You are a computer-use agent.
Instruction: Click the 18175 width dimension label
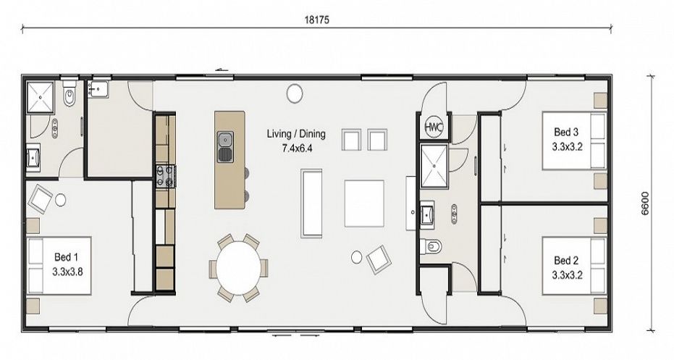click(x=317, y=20)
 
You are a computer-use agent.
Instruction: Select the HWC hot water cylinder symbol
click(x=433, y=127)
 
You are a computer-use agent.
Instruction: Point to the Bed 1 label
click(x=66, y=257)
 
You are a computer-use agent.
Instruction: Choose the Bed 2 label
click(x=566, y=260)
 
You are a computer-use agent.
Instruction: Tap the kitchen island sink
click(x=225, y=146)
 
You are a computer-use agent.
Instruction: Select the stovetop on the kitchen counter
click(x=166, y=176)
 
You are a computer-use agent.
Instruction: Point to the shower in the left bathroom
click(x=41, y=97)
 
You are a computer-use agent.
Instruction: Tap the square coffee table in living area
click(x=364, y=204)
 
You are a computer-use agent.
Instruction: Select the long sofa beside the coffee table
click(x=311, y=203)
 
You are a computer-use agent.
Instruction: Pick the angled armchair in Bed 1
click(x=41, y=198)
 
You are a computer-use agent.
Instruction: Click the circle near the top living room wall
click(x=295, y=93)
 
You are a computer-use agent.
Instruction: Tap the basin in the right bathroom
click(x=427, y=214)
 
